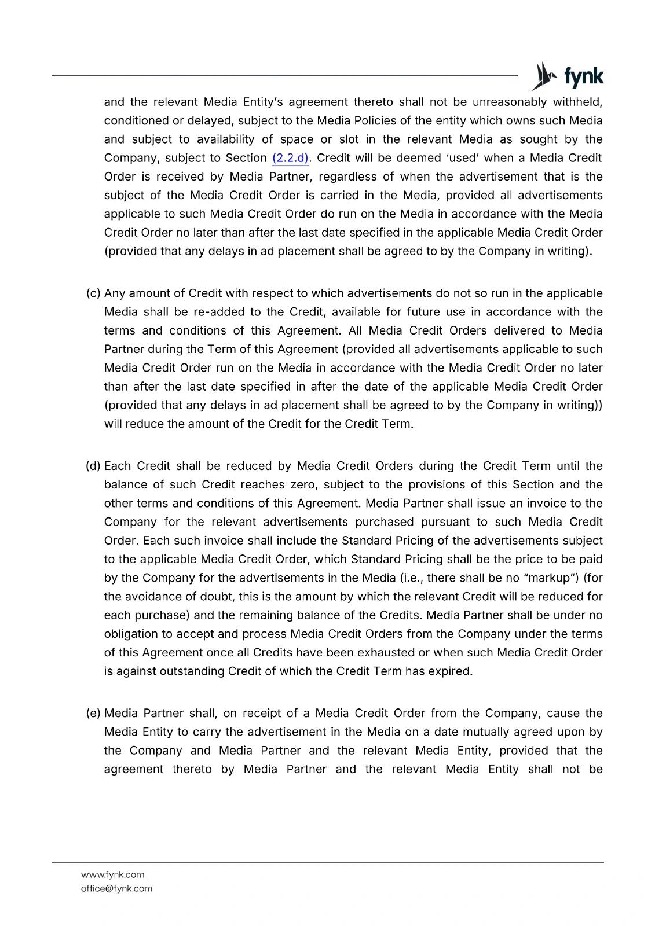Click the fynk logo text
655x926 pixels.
coord(583,76)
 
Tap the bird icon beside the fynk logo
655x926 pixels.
coord(544,76)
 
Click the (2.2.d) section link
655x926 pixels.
coord(290,158)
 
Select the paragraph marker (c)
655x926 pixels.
coord(93,293)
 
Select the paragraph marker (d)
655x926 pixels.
coord(93,466)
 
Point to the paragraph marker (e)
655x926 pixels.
coord(93,713)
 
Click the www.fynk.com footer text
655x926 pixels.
coord(113,874)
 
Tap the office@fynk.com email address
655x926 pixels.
coord(116,888)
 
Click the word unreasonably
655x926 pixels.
coord(509,102)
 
